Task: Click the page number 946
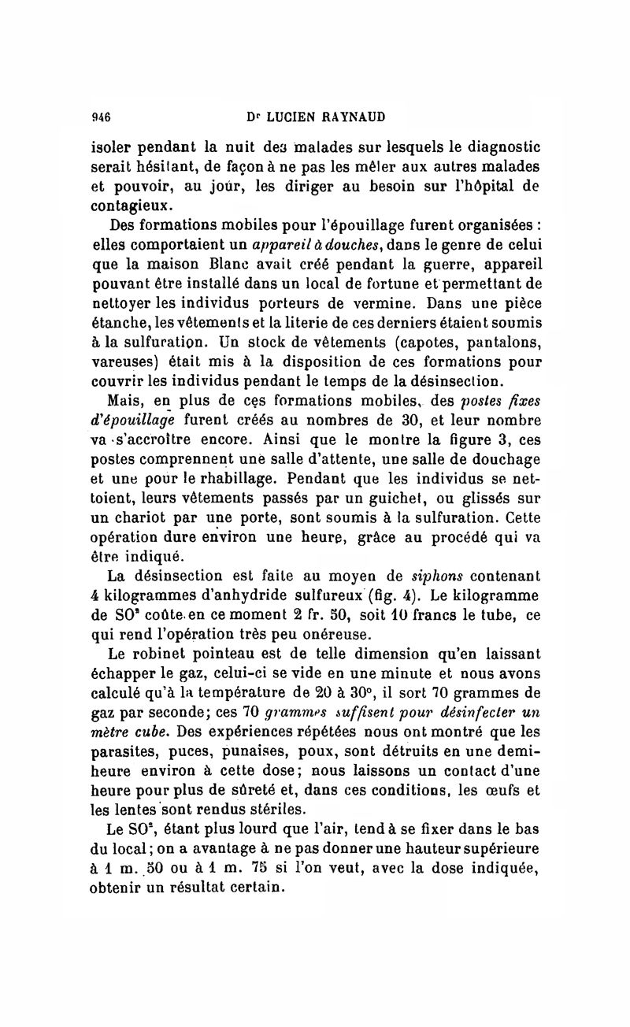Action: pos(99,117)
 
